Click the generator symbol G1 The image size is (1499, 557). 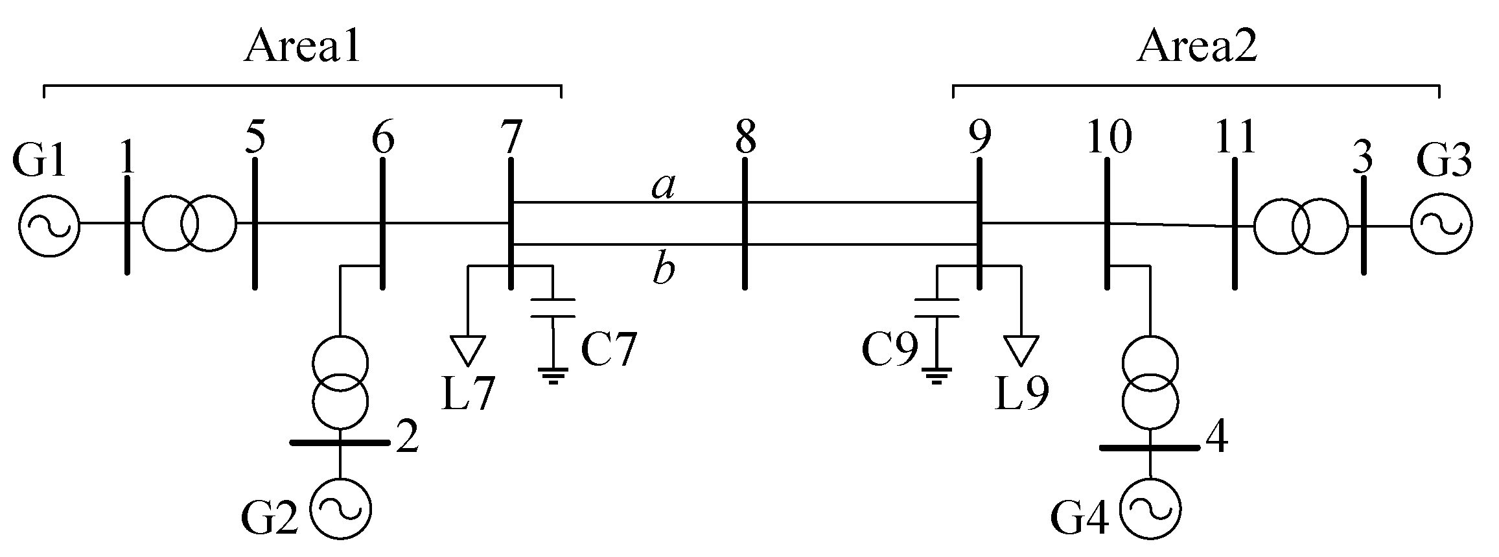tap(49, 225)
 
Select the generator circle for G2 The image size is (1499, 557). tap(340, 509)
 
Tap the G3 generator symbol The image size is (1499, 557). tap(1441, 225)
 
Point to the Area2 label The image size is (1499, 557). tap(1196, 47)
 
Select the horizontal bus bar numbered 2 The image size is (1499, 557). tap(339, 442)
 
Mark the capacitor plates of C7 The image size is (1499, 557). tap(552, 308)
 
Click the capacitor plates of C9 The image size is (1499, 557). tap(936, 308)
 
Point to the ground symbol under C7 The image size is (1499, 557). tap(553, 375)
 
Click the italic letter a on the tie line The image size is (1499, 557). tap(663, 187)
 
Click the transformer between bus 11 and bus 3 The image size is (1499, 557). tap(1299, 226)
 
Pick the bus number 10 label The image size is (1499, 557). tap(1110, 138)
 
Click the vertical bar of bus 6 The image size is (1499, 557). tap(382, 222)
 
